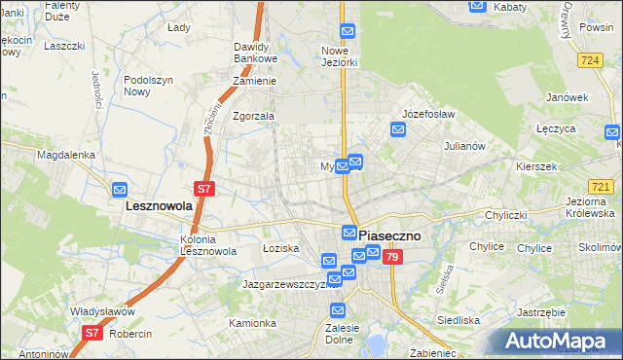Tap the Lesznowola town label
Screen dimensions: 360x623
tap(161, 206)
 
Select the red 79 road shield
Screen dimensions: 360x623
tap(391, 257)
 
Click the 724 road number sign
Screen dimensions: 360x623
tap(588, 60)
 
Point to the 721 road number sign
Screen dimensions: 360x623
tap(601, 187)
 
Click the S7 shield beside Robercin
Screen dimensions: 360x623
tap(91, 333)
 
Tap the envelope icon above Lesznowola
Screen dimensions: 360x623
tap(120, 189)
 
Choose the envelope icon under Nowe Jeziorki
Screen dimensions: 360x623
tap(347, 31)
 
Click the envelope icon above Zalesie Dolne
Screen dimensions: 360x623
tap(338, 310)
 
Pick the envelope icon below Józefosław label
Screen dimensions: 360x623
tap(398, 128)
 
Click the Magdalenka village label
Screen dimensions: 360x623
tap(65, 155)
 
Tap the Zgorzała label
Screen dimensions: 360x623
tap(253, 115)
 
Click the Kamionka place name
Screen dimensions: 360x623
tap(252, 322)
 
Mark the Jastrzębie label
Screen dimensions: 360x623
tap(542, 312)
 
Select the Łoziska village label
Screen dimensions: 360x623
tap(280, 248)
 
